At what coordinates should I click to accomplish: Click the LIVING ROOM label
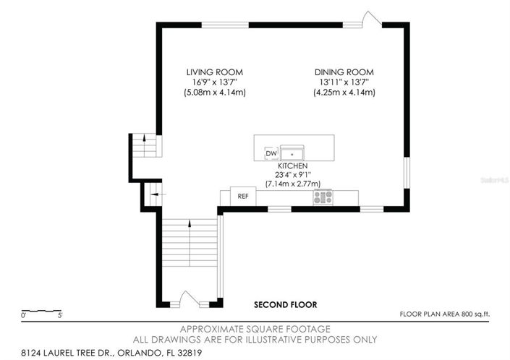pos(214,72)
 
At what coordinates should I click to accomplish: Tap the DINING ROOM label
pos(344,72)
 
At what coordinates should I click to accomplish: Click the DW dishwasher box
pos(271,153)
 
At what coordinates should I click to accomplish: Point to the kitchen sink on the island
pos(292,153)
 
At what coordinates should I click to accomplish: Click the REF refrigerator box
pos(243,195)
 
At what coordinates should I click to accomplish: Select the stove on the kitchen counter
pos(323,196)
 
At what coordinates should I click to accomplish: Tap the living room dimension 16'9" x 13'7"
pos(214,82)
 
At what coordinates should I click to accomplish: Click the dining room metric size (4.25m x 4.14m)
pos(344,93)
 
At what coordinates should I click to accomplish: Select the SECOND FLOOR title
pos(285,305)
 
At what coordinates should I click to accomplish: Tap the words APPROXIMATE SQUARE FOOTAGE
pos(255,329)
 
